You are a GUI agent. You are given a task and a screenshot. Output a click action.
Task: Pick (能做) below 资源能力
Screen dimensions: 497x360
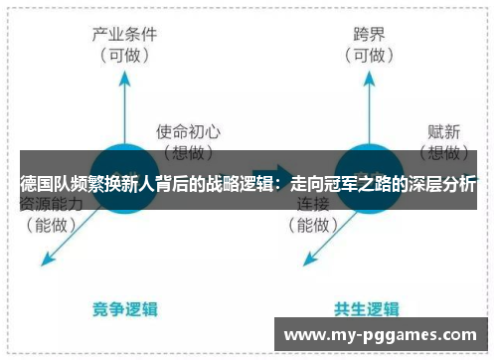51,226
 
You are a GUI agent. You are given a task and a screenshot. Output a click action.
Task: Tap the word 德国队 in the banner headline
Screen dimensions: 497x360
43,185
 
